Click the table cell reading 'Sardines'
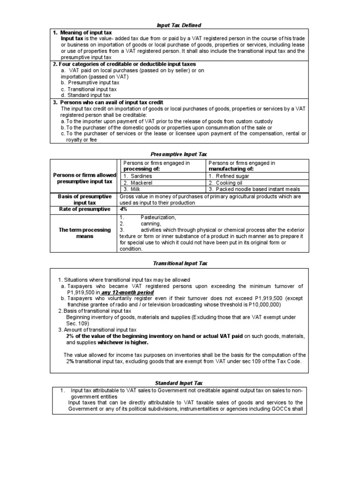pos(140,176)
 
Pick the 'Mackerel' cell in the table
pos(141,182)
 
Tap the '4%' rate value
pos(124,209)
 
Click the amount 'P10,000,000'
pos(264,304)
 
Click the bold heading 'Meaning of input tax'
pos(85,32)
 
